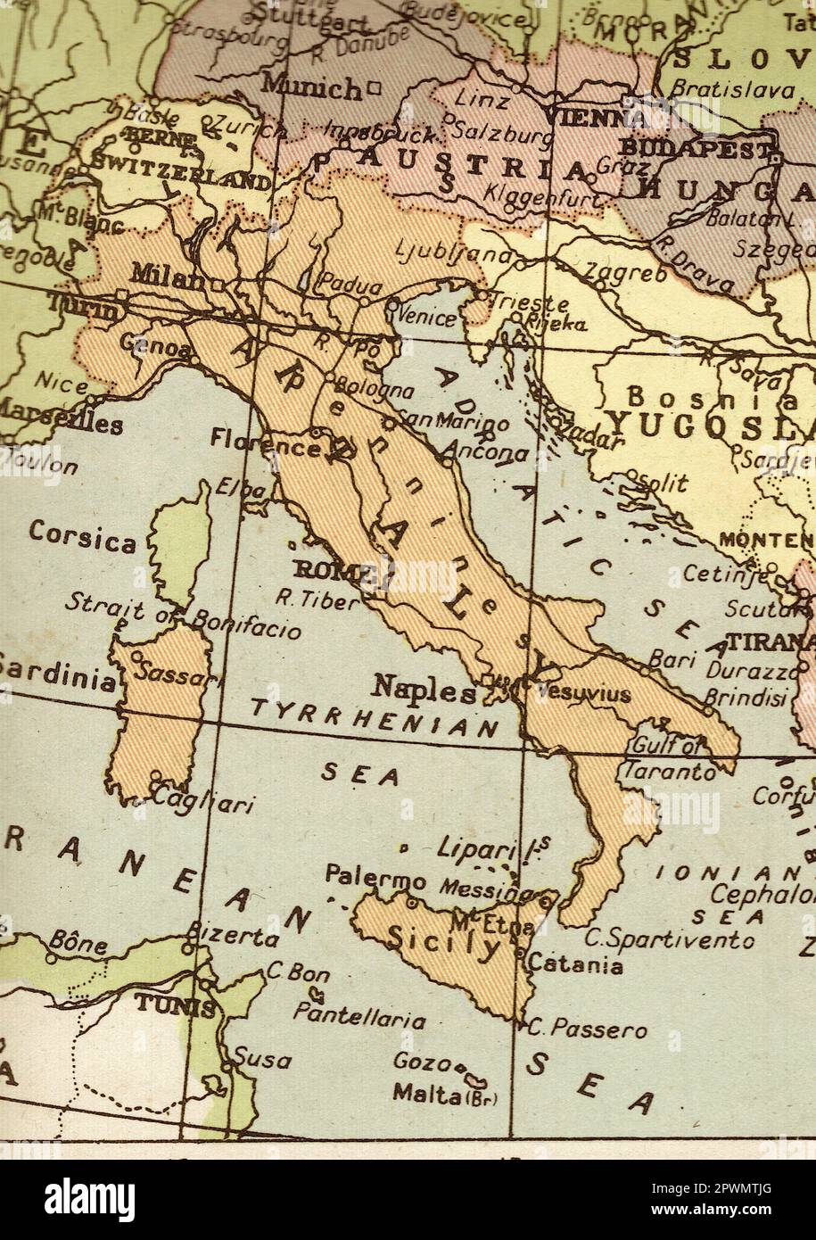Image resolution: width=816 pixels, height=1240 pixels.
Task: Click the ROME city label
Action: (326, 570)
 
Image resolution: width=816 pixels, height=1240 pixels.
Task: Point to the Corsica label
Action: (82, 538)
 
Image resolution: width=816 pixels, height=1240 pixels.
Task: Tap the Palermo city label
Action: (375, 876)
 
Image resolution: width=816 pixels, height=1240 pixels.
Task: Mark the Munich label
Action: (311, 87)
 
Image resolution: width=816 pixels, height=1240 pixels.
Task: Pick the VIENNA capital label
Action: (594, 117)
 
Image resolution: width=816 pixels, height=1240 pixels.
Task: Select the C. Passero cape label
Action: (587, 1029)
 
